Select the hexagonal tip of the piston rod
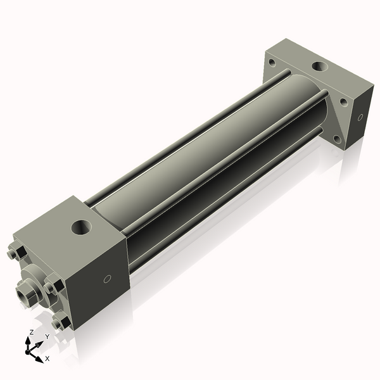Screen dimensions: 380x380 (x=25, y=294)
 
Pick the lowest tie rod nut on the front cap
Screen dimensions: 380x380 (x=61, y=323)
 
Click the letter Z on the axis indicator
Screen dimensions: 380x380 (x=31, y=332)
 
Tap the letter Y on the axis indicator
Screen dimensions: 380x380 (x=47, y=337)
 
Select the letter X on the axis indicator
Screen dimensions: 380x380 (x=47, y=358)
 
